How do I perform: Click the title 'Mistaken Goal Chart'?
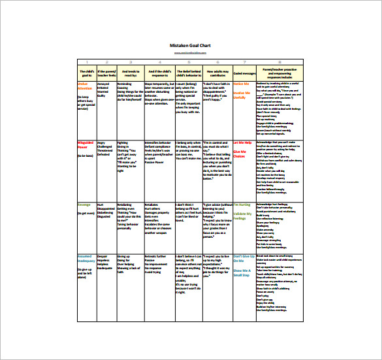click(191, 45)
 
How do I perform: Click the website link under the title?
click(191, 52)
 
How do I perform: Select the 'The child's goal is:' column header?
click(86, 73)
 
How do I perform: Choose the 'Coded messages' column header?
click(244, 73)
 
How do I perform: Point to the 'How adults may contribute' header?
click(216, 73)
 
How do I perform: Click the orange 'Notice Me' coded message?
click(242, 84)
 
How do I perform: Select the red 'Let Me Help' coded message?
click(242, 142)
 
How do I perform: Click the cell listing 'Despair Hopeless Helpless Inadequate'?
click(105, 262)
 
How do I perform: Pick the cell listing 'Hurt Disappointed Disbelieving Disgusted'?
click(106, 210)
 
